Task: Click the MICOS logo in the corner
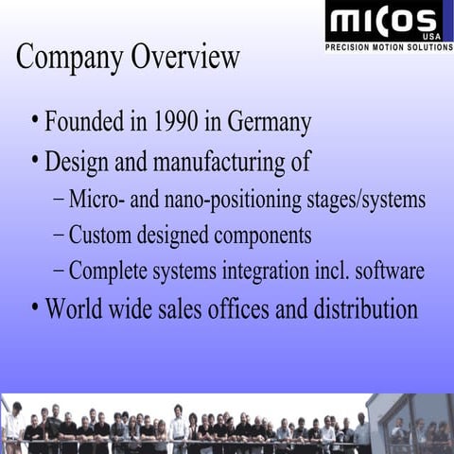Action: [388, 22]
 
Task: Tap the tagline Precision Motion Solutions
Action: [389, 46]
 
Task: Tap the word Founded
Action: [88, 122]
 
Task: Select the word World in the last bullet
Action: [72, 308]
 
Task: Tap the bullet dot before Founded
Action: [35, 121]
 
